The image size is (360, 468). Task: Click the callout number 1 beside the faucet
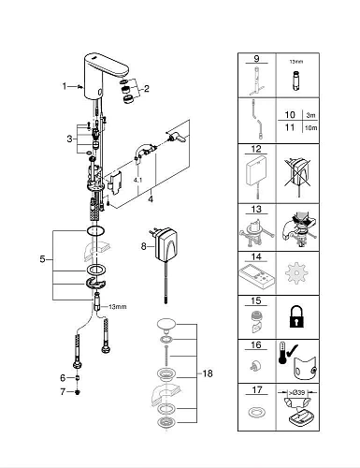[64, 86]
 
